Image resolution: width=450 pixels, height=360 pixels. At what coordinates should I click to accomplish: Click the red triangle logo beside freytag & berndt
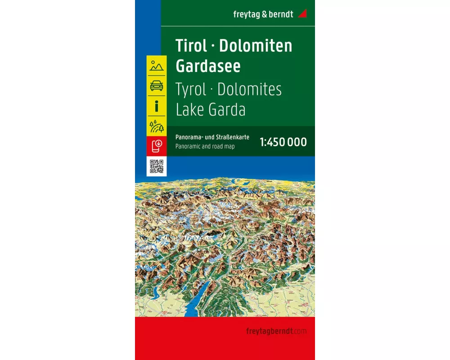click(x=302, y=13)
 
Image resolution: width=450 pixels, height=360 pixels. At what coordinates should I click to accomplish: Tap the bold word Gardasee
click(x=208, y=66)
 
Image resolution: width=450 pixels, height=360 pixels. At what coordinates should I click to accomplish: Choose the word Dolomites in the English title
click(x=249, y=89)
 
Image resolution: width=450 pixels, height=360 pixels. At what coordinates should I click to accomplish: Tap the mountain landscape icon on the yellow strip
click(x=157, y=65)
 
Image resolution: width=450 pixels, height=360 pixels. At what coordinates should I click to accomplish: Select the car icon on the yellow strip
click(x=157, y=85)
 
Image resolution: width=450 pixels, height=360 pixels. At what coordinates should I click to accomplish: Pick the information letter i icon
click(x=157, y=106)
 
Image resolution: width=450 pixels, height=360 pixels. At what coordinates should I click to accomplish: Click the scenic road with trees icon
click(x=157, y=126)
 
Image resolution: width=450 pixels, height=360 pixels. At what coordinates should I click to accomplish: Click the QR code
click(x=157, y=166)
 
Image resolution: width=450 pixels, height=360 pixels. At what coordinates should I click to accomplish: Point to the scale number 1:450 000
click(x=283, y=142)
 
